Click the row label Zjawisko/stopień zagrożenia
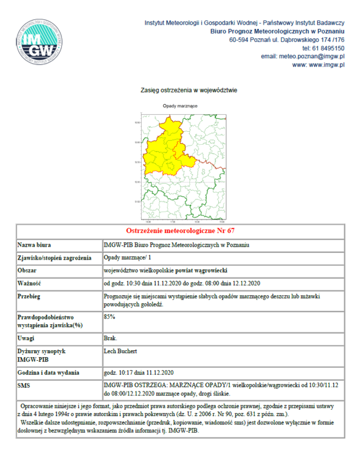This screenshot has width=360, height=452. (55, 258)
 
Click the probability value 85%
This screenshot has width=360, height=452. (109, 317)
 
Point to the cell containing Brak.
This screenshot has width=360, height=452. (110, 338)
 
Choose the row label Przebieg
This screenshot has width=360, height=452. (31, 297)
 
